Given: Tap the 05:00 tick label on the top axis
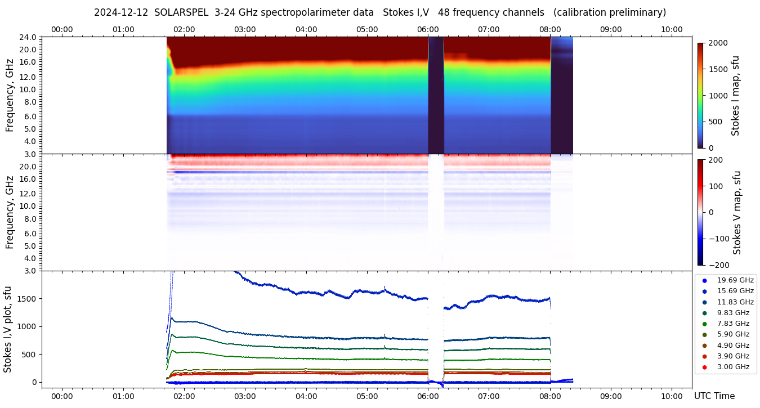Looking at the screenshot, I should [367, 29].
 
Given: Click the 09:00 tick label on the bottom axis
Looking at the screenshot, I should [611, 396].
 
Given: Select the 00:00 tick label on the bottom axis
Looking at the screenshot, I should [62, 396].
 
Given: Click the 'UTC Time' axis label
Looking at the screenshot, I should [714, 396].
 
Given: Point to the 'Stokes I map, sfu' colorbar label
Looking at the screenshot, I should [735, 96].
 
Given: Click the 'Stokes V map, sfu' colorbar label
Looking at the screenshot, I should [736, 212].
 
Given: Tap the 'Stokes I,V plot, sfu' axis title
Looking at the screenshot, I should [8, 329].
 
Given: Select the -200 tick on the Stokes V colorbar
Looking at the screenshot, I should [718, 265].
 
